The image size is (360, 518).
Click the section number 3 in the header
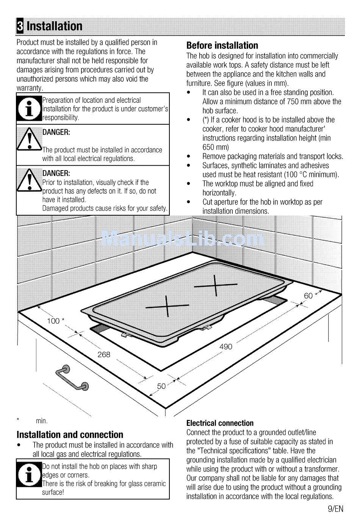point(20,26)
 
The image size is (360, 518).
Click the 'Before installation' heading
point(222,45)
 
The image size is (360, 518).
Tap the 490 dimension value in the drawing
point(225,346)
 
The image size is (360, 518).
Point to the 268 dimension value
point(104,354)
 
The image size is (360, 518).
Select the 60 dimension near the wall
point(308,296)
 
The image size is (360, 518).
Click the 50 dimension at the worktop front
point(161,386)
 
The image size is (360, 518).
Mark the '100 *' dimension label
point(55,321)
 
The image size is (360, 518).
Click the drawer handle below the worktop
point(72,377)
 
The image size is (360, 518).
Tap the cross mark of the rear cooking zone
point(216,285)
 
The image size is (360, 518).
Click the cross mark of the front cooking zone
point(167,305)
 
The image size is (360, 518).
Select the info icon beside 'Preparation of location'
point(29,108)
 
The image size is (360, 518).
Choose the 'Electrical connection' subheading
point(220,423)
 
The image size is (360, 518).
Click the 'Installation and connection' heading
point(70,435)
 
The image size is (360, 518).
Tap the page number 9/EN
point(335,509)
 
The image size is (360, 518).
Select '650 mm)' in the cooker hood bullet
point(216,147)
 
